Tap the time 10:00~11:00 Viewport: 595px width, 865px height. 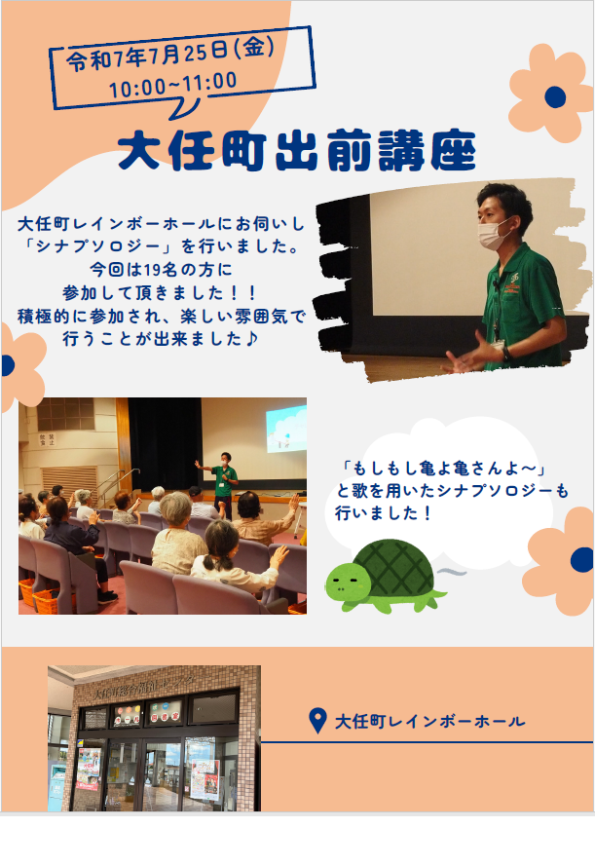[172, 85]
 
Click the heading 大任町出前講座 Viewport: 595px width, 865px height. [297, 150]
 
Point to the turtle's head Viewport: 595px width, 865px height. [348, 582]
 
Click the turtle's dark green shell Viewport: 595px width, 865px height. [393, 568]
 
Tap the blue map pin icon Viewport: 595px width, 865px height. [317, 721]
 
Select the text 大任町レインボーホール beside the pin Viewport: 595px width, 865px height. [430, 721]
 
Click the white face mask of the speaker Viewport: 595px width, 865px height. [494, 234]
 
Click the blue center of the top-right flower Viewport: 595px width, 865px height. [555, 96]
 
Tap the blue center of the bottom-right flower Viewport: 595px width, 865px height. [581, 559]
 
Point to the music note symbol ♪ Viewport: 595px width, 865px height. [251, 338]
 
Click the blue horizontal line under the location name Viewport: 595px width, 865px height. [428, 742]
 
